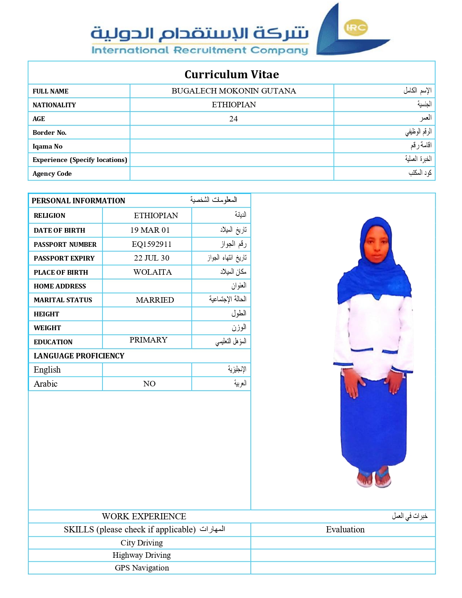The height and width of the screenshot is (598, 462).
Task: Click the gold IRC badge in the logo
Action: tap(355, 28)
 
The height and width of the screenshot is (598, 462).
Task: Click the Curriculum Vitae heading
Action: tap(232, 74)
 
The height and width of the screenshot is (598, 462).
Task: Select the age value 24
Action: tap(233, 119)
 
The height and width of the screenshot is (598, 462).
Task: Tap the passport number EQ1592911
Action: tap(151, 244)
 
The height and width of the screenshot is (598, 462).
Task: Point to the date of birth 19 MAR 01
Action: tap(150, 230)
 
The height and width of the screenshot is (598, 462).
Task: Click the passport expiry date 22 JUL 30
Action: tap(151, 258)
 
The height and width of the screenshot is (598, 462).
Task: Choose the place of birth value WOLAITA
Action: tap(152, 272)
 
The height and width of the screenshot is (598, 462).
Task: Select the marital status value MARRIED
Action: tap(155, 300)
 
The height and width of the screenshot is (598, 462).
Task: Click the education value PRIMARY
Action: tap(148, 340)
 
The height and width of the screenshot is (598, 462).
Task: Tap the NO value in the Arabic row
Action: tap(149, 384)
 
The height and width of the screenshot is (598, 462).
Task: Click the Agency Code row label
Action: tap(52, 174)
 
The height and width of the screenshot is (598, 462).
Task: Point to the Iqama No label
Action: tap(47, 146)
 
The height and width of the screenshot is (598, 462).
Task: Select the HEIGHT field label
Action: tap(46, 314)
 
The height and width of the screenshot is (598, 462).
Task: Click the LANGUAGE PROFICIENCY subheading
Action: tap(79, 356)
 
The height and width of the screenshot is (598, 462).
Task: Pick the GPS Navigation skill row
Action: tap(142, 568)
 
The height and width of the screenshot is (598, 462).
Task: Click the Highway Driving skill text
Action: tap(141, 555)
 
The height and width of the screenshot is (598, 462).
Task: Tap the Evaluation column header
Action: tap(345, 530)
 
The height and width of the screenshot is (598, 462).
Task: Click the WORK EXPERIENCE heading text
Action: tap(144, 516)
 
